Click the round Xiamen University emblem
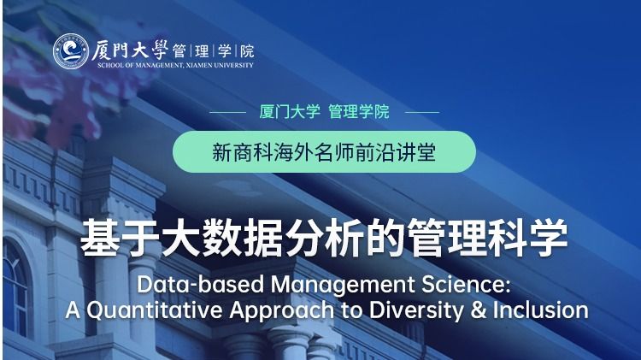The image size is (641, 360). (71, 50)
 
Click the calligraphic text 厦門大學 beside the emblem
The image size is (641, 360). (130, 50)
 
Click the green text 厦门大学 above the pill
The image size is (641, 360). (290, 112)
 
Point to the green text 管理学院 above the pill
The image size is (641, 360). (359, 112)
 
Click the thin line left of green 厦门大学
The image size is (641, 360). (227, 112)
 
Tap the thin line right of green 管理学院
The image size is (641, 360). (421, 112)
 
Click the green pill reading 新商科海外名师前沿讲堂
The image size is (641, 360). (324, 151)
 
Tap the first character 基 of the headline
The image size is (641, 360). (100, 238)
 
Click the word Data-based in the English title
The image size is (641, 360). (200, 285)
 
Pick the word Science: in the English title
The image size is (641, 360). (466, 285)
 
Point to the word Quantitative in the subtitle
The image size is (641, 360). (155, 310)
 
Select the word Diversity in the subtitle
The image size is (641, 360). (416, 311)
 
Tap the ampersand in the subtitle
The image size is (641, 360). (479, 310)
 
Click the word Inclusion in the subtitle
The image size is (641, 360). (541, 310)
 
